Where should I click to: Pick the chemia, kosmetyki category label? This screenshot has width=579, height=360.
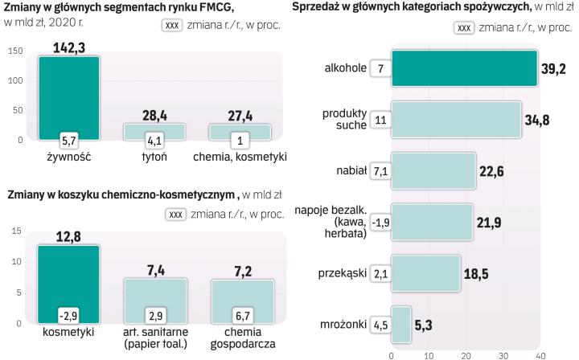pos(240,157)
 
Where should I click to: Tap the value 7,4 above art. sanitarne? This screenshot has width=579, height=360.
pos(154,269)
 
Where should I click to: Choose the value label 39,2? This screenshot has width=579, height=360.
pos(553,69)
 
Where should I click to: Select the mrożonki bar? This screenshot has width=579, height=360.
pos(400,325)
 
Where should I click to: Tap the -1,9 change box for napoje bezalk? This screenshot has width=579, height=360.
pos(380,222)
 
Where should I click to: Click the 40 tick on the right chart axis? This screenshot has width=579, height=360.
pos(540,354)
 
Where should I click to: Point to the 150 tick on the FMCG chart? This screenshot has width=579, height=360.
pos(15,52)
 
